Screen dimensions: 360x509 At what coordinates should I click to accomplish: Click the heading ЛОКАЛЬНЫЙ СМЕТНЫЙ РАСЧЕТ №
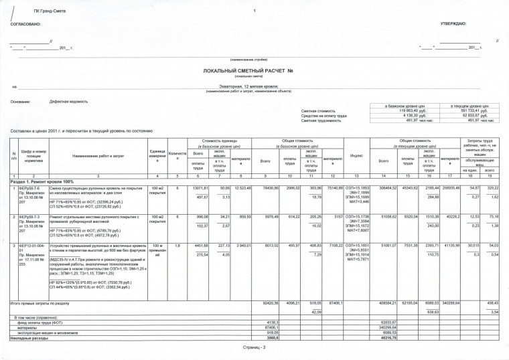(x=254, y=70)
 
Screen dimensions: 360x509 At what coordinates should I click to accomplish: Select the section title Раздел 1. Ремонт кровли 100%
(x=37, y=181)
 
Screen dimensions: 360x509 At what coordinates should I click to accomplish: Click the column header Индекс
(x=356, y=157)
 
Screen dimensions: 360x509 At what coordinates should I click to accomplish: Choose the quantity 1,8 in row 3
(x=177, y=246)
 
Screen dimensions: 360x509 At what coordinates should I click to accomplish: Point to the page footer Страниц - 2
(x=254, y=349)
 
